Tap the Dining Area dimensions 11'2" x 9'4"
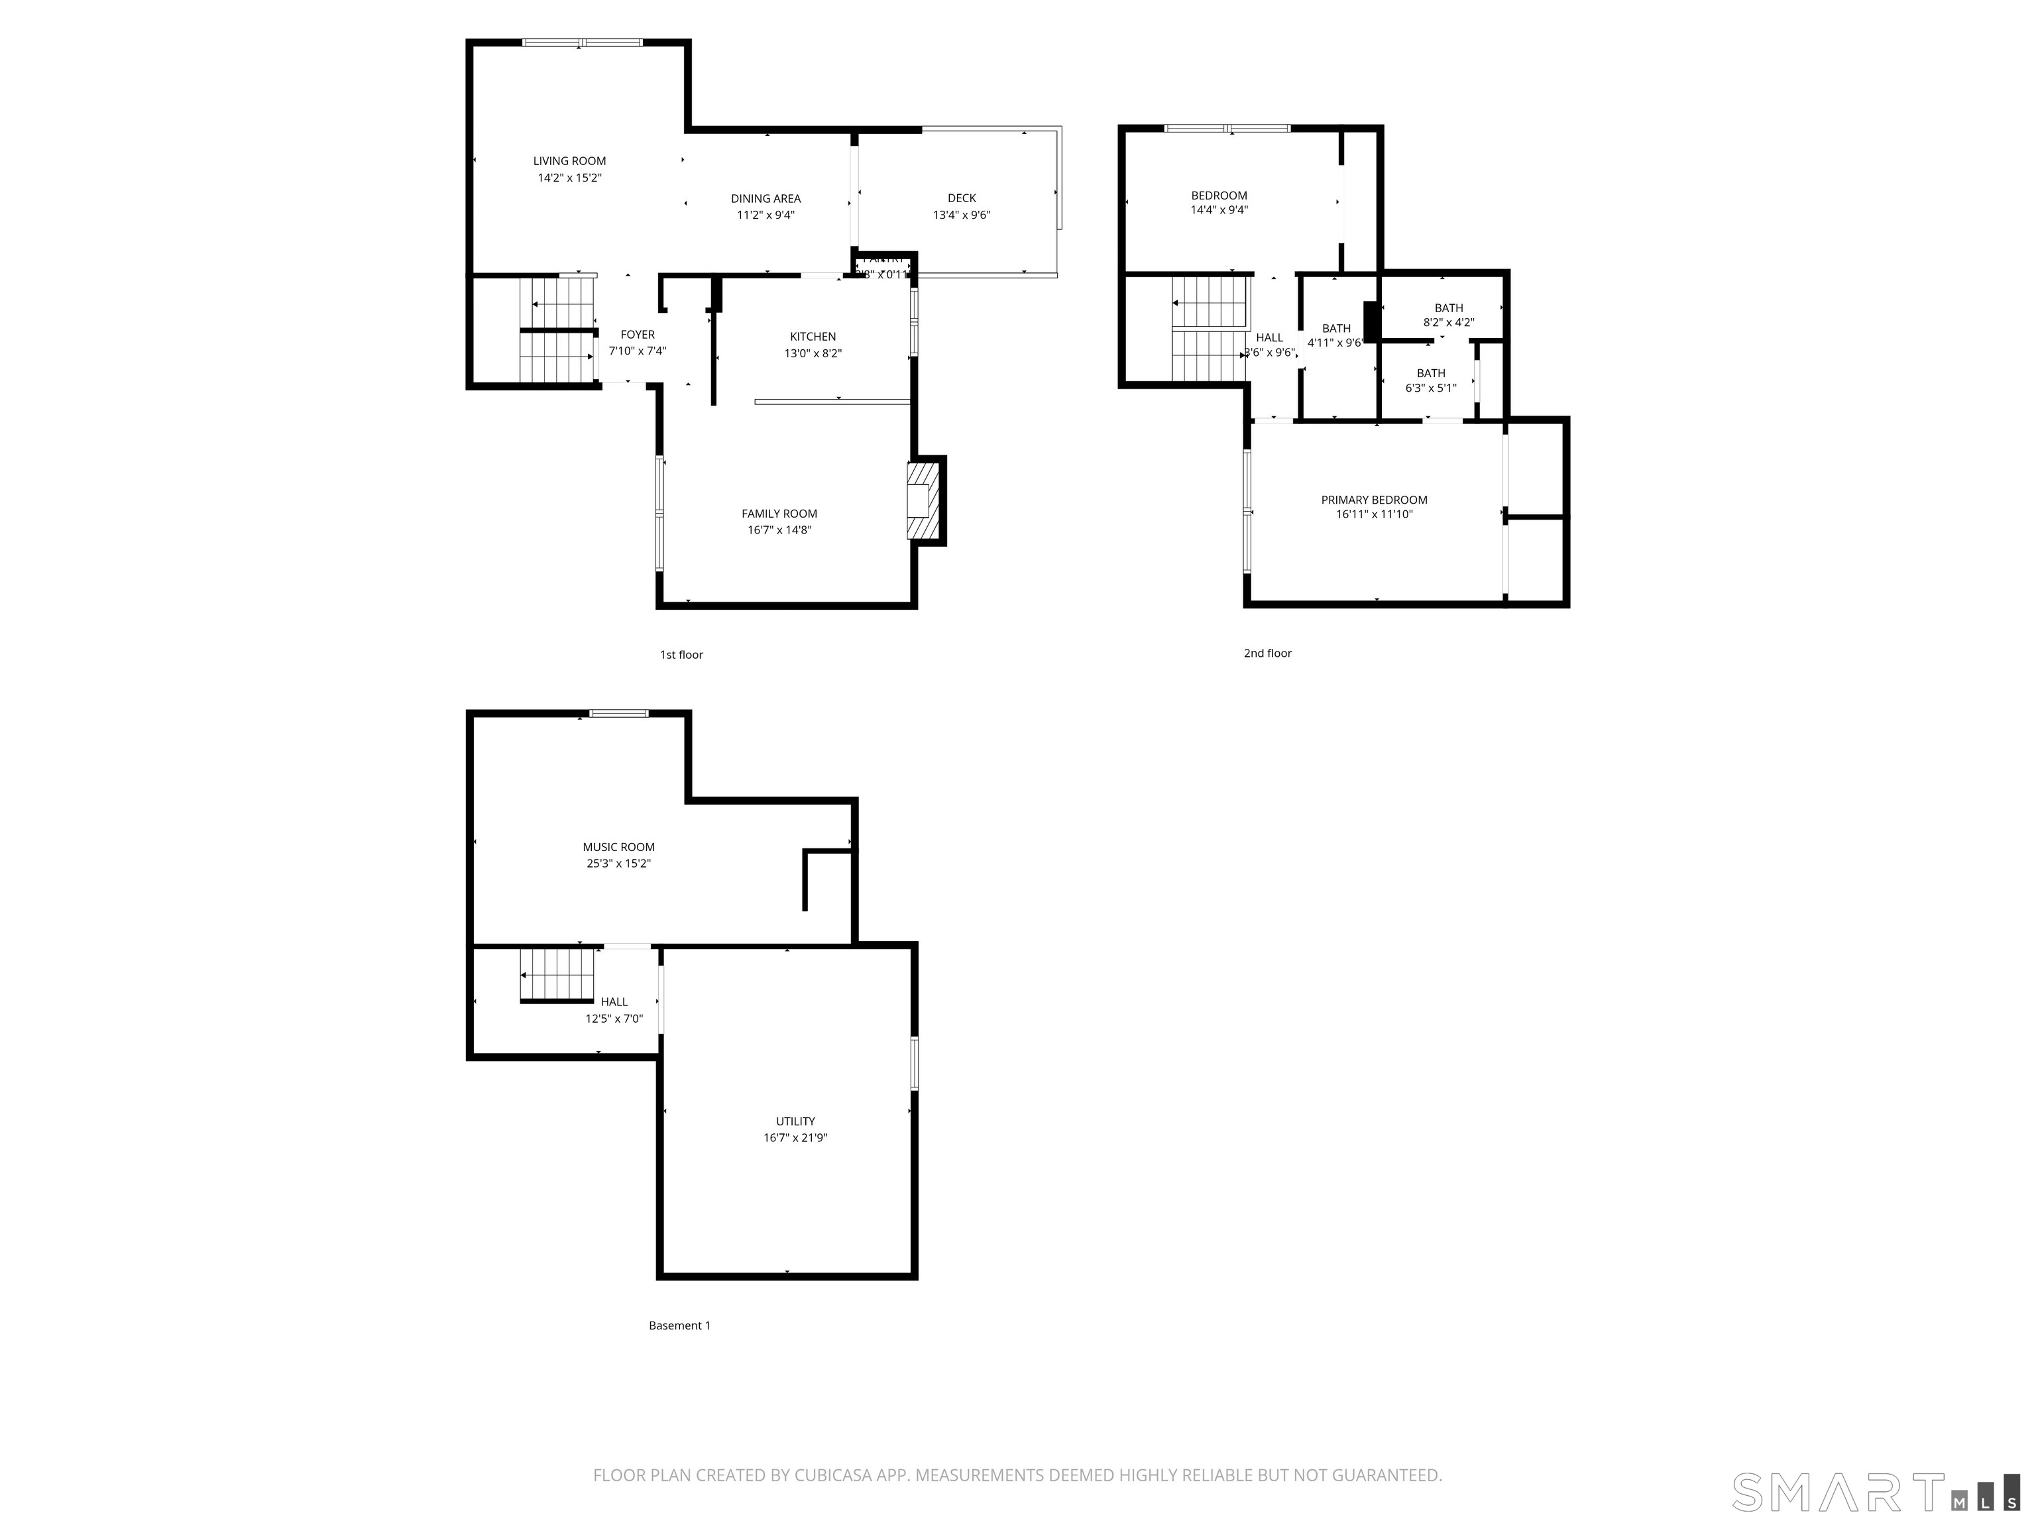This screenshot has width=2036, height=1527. click(x=765, y=215)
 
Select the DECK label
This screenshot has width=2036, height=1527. click(x=961, y=198)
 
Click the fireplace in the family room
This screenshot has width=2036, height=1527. click(x=923, y=501)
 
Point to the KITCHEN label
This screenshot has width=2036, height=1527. click(x=812, y=337)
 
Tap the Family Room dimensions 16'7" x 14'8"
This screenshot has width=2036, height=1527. click(x=779, y=530)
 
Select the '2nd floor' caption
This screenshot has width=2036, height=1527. click(x=1267, y=653)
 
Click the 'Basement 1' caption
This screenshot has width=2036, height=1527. click(x=679, y=1326)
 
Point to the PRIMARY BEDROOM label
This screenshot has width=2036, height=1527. click(x=1373, y=500)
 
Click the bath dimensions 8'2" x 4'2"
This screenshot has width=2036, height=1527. click(x=1448, y=323)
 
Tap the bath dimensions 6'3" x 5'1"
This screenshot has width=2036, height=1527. click(x=1430, y=388)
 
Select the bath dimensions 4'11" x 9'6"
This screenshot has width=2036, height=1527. click(x=1335, y=343)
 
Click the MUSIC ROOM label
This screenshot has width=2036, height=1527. click(x=618, y=847)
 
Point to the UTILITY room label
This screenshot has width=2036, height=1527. click(x=795, y=1121)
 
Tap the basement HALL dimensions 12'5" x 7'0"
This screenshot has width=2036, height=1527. click(x=613, y=1019)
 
